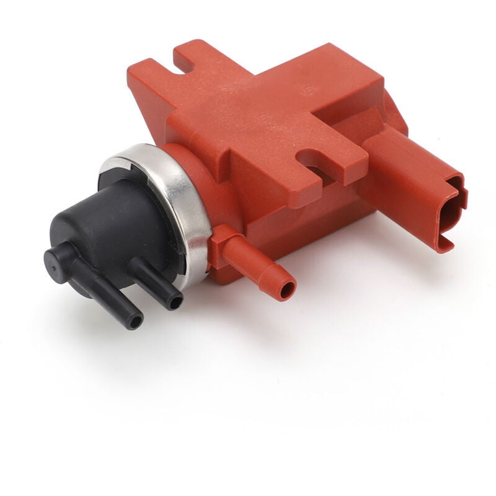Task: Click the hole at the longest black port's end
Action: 134,322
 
